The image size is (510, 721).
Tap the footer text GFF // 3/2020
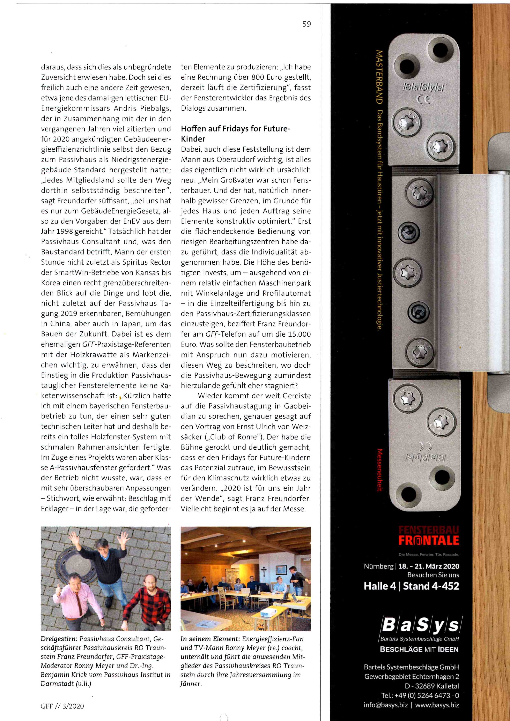coord(62,706)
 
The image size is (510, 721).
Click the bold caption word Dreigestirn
coord(59,639)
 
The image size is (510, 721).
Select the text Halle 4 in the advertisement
coord(380,586)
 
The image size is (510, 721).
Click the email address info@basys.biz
coord(386,705)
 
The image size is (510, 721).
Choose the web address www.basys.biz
coord(437,705)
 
